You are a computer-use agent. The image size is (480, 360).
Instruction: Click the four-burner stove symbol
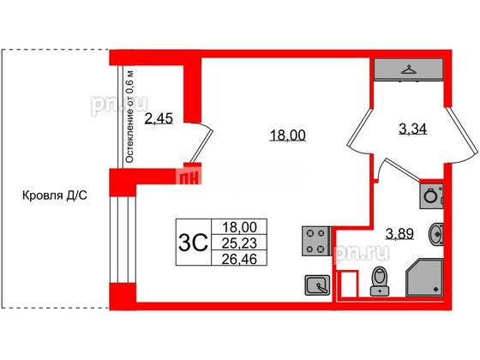(x=314, y=241)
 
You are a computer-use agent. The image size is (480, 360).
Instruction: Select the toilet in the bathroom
(x=378, y=281)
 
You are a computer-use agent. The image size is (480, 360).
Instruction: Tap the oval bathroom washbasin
(x=437, y=231)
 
